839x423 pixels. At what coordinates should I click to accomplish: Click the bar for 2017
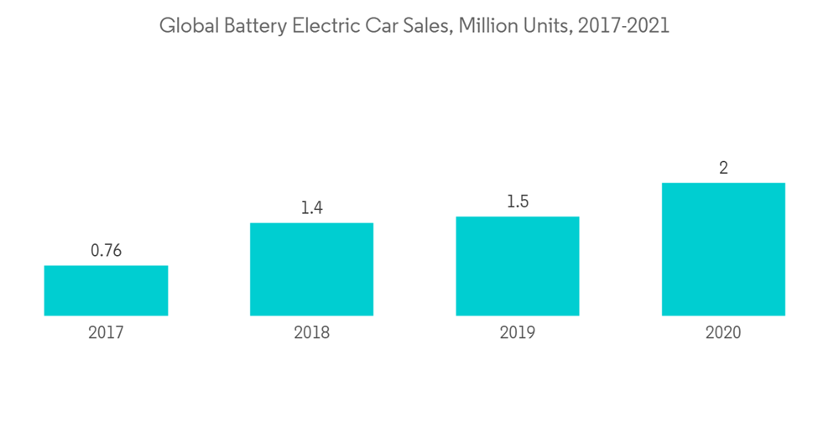(x=106, y=290)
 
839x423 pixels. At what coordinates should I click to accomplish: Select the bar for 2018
(x=311, y=269)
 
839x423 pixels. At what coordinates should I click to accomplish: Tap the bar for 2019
(x=518, y=266)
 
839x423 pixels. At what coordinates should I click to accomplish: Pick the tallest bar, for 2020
(x=723, y=249)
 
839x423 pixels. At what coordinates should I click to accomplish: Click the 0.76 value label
(x=106, y=250)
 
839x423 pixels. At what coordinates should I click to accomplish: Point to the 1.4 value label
(x=311, y=207)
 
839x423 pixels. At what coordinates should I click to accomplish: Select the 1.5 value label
(x=518, y=201)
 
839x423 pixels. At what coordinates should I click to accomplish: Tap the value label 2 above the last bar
(x=723, y=168)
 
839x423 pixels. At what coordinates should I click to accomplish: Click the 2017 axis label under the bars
(x=106, y=333)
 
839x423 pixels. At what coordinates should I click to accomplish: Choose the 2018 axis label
(x=311, y=333)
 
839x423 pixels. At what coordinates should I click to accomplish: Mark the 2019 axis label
(x=518, y=333)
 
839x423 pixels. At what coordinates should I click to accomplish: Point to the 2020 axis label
(x=723, y=333)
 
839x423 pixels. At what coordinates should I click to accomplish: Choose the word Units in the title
(x=543, y=26)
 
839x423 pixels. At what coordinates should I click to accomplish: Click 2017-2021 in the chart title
(x=623, y=26)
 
